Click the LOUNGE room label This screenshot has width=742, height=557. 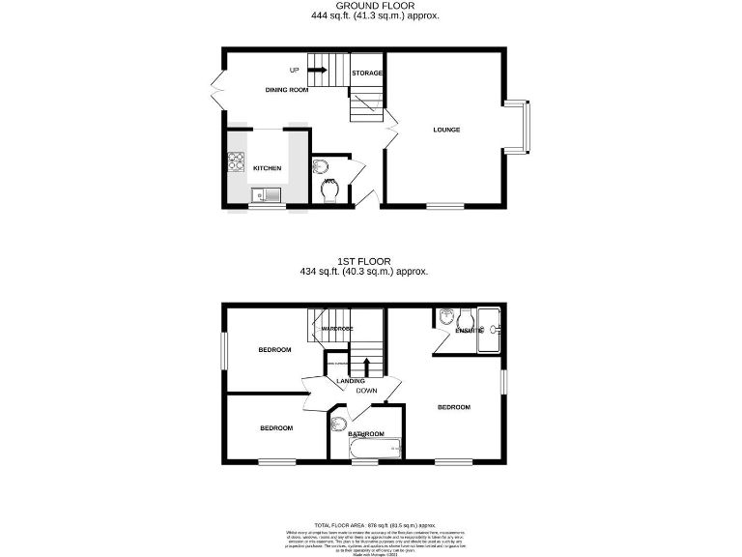(x=445, y=130)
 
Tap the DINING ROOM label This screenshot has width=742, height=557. (x=287, y=90)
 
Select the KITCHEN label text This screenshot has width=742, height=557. (x=268, y=168)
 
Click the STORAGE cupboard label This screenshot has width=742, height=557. (x=366, y=73)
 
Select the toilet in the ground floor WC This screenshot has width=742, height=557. (x=328, y=191)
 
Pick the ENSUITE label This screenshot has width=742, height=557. (x=469, y=331)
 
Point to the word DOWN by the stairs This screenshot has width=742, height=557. (x=366, y=391)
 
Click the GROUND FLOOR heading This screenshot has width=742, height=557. (x=370, y=6)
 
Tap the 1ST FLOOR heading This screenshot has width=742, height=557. (x=363, y=261)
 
